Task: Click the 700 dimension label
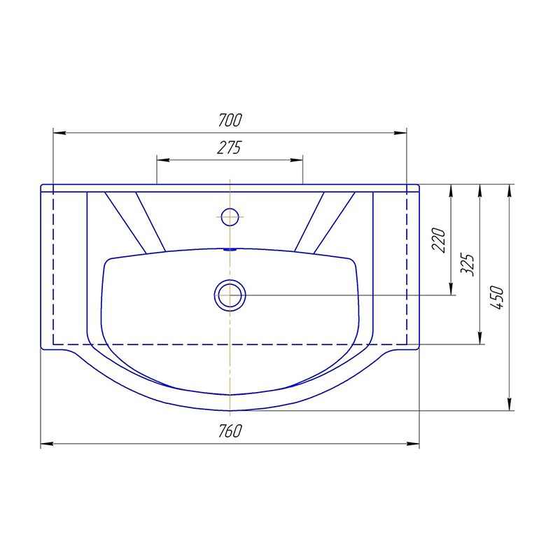point(230,120)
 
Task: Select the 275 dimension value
point(230,147)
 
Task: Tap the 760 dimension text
point(230,431)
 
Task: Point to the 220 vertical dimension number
point(439,240)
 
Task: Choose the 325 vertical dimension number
point(468,265)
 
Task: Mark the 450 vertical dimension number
point(497,297)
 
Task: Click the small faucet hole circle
point(230,217)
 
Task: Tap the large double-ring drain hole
point(230,295)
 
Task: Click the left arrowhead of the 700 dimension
point(59,133)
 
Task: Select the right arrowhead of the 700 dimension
point(400,133)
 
